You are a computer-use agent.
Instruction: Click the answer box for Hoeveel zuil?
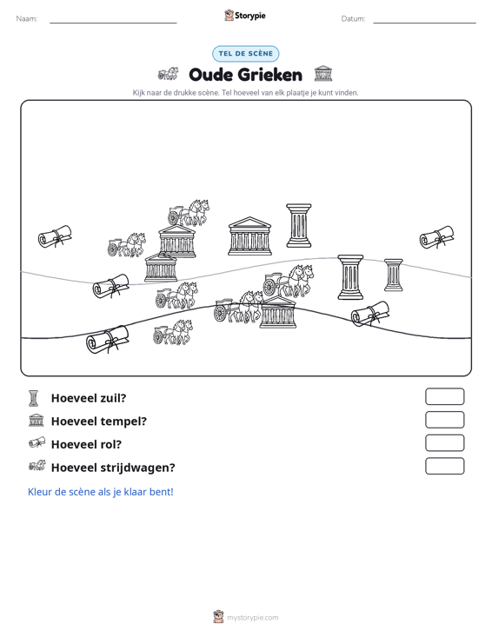pos(444,396)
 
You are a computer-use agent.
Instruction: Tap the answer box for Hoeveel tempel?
pos(444,420)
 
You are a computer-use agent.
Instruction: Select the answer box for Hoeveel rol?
pos(444,443)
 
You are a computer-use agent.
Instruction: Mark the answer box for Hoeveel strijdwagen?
pos(444,466)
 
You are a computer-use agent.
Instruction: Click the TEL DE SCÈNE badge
pos(245,54)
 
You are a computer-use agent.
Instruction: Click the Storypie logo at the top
pos(244,16)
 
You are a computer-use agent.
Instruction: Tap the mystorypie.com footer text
pos(252,618)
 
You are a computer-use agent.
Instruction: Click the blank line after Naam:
pos(113,23)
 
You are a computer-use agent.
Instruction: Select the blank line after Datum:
pos(424,23)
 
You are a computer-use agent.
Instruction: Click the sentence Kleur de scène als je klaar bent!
pos(100,492)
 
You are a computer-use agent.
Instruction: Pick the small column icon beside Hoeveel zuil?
pos(33,398)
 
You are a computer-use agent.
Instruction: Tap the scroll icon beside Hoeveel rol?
pos(37,443)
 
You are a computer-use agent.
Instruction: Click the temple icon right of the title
pos(323,74)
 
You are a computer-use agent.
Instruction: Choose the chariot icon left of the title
pos(168,74)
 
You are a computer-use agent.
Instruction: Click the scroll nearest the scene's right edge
pos(436,237)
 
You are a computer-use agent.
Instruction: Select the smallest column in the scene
pos(393,275)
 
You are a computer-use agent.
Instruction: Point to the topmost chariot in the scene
pos(189,212)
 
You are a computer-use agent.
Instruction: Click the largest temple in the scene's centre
pos(249,236)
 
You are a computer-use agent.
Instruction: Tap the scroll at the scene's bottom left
pos(107,339)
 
